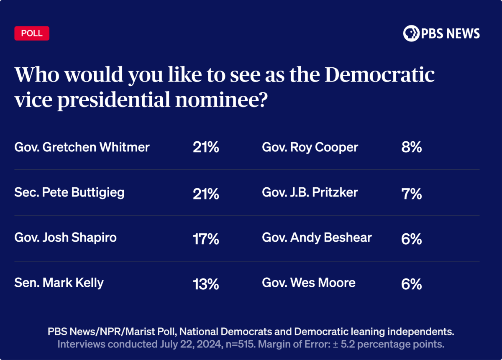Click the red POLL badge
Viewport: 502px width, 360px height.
click(32, 33)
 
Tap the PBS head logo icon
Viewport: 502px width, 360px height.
click(411, 33)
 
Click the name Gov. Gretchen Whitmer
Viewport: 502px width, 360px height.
click(82, 147)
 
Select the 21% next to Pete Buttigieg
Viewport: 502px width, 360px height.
click(206, 194)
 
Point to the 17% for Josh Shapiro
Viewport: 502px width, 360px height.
click(206, 239)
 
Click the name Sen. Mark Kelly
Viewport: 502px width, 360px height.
click(59, 283)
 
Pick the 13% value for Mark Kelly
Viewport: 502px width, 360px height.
click(206, 285)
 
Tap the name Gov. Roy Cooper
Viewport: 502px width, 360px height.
click(310, 147)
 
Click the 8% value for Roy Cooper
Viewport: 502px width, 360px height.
click(411, 147)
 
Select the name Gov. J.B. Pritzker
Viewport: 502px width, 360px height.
click(310, 192)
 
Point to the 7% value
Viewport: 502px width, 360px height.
click(411, 194)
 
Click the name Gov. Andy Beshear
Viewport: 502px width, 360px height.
click(317, 238)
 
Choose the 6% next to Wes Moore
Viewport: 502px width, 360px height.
click(411, 285)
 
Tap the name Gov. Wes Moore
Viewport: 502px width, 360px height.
click(309, 283)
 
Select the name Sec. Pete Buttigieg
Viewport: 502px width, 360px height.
click(69, 193)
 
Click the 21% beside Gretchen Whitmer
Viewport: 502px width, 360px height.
click(206, 147)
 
